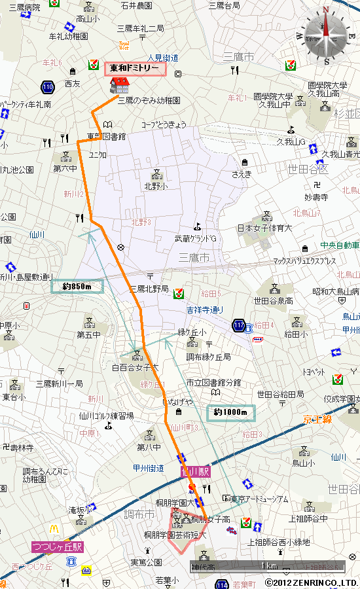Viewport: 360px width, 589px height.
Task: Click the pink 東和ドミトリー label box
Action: (x=135, y=68)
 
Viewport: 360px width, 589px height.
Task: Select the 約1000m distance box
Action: (x=230, y=412)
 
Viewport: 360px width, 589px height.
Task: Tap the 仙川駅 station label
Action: (x=195, y=471)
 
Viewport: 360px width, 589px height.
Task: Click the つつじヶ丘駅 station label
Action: (x=57, y=546)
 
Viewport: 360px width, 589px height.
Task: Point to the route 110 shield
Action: (x=46, y=86)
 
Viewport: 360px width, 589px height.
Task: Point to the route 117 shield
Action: (x=238, y=325)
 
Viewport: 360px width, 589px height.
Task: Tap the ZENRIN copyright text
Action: (x=312, y=582)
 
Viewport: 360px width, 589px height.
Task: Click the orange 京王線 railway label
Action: (x=319, y=419)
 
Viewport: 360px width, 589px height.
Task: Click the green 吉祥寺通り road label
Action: (x=204, y=310)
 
